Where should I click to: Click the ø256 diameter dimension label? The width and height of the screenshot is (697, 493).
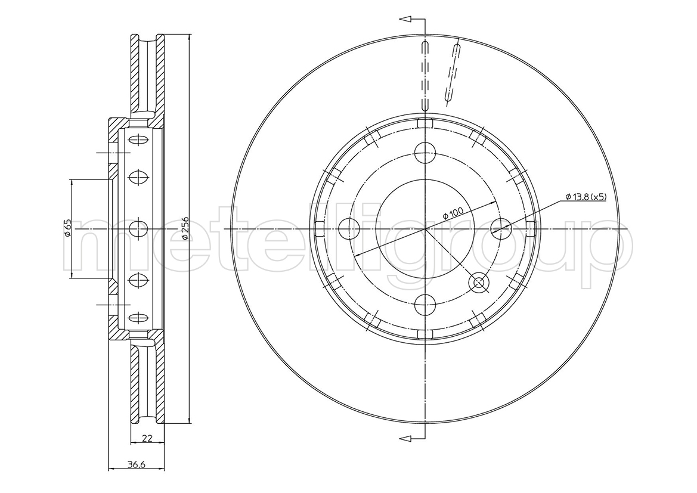point(185,228)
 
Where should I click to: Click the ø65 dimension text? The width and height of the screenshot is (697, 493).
point(67,228)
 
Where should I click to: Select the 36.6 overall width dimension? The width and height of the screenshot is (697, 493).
point(137,465)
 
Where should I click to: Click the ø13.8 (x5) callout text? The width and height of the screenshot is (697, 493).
point(586,197)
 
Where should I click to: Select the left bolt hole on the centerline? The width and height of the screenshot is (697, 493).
point(349,228)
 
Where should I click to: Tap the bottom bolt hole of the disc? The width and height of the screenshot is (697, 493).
point(425,305)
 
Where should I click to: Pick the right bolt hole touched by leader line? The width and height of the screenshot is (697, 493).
point(501,228)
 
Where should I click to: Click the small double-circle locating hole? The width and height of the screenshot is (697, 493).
point(479,283)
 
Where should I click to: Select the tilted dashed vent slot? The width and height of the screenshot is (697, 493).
point(453,75)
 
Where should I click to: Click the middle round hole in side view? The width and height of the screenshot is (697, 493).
point(138,228)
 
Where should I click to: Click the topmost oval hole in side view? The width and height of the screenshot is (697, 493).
point(138,140)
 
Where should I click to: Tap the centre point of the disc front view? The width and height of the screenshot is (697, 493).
point(425,228)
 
